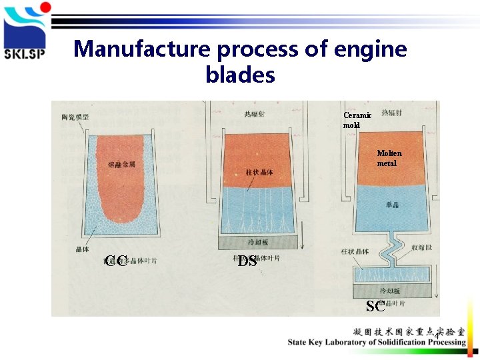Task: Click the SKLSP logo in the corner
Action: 25,32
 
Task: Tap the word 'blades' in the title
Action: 240,75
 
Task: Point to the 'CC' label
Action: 116,261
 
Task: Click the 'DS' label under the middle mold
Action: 247,261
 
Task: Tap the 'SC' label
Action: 375,306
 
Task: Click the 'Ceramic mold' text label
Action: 357,120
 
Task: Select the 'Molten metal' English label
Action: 389,158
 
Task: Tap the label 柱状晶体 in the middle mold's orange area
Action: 259,173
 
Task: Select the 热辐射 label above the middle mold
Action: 254,115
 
